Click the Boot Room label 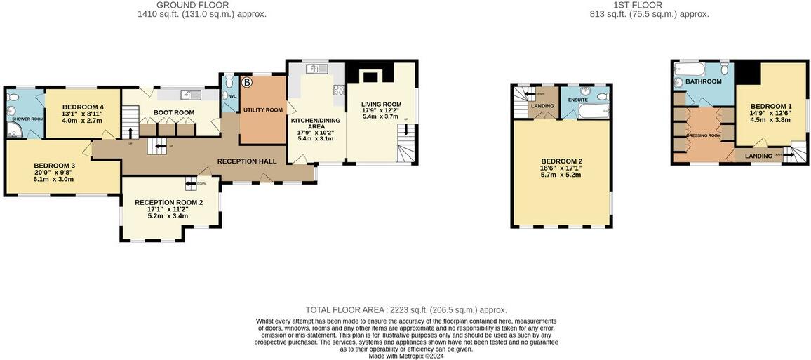coord(175,112)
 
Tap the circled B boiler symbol coord(246,83)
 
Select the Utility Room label coord(263,110)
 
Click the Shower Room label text coord(27,119)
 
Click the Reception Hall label coord(247,161)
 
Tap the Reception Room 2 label coord(170,203)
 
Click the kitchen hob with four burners coord(339,89)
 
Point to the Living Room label coord(382,105)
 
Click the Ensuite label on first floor coord(578,100)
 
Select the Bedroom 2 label coord(561,161)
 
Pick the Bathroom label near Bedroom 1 coord(704,82)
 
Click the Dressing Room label coord(704,135)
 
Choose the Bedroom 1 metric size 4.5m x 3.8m coord(770,120)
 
